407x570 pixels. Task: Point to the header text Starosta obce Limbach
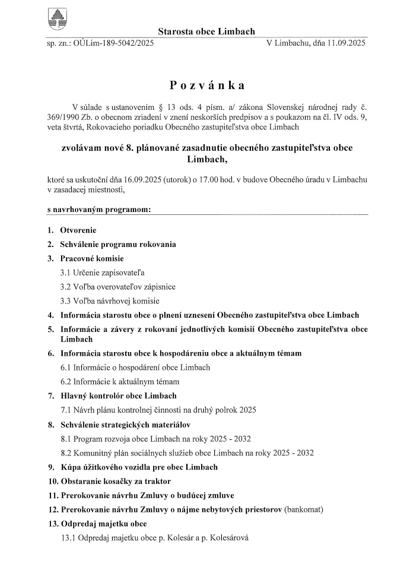tap(206, 31)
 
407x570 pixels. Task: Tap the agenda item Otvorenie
tap(78, 230)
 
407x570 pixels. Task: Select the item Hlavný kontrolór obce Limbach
tap(119, 395)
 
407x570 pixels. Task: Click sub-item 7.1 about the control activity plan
tap(158, 410)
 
